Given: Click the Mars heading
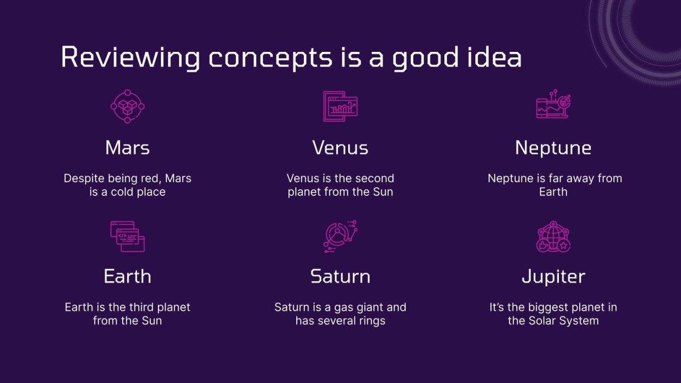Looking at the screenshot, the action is pos(127,148).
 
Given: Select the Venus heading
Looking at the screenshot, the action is pos(340,148).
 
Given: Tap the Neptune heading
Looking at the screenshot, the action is pos(553,148).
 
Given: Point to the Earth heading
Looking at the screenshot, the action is pos(127,276).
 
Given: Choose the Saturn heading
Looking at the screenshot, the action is pos(340,276).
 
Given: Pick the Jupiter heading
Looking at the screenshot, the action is pos(553,276).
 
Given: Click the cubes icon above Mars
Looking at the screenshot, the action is pos(127,106).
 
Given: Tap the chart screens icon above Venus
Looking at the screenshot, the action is pos(340,106).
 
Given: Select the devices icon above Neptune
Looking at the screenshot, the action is pos(553,104).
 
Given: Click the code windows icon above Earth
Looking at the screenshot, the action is pos(127,237).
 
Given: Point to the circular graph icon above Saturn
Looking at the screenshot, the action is pos(340,237).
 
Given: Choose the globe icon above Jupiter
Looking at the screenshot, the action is pos(553,237).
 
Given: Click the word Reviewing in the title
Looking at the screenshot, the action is pos(131,57).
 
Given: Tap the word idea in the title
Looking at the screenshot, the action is pos(494,57).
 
